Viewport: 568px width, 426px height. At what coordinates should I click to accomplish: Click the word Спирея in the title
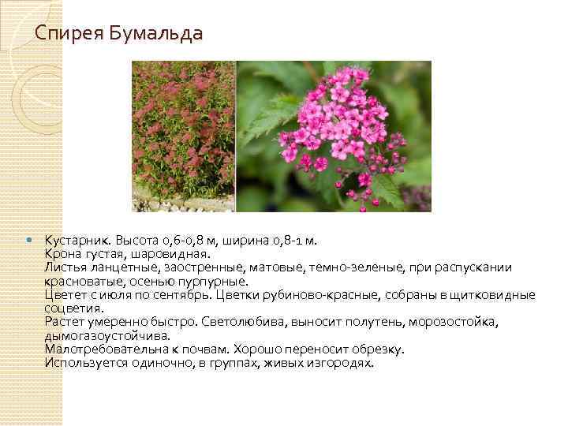click(64, 34)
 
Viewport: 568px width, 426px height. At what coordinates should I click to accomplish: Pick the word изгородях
click(342, 363)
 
